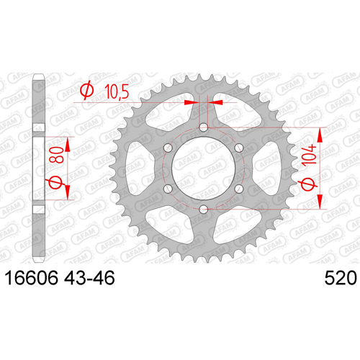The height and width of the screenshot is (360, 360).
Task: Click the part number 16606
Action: point(32,278)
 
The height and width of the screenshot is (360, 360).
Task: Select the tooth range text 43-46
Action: point(89,278)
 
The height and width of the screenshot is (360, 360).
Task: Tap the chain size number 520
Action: point(341,278)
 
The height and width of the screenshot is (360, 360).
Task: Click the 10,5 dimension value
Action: point(117,91)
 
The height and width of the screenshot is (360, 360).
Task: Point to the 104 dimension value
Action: point(310,155)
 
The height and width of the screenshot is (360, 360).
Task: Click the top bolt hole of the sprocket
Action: point(204,127)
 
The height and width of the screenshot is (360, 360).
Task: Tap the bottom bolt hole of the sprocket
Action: point(204,209)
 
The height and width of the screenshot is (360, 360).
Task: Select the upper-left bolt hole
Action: point(168,148)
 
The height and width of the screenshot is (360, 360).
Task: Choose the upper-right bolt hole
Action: point(239,148)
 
